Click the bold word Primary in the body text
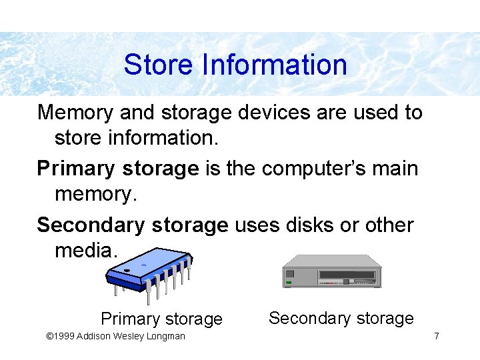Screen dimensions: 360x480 [76, 169]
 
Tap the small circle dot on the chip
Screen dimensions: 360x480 [143, 265]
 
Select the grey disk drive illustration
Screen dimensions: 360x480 [332, 271]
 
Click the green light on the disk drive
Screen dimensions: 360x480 [289, 283]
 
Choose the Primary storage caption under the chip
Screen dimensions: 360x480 [161, 319]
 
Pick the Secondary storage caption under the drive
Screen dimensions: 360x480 [341, 319]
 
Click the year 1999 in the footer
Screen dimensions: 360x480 [65, 336]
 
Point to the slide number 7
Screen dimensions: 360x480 [436, 336]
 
